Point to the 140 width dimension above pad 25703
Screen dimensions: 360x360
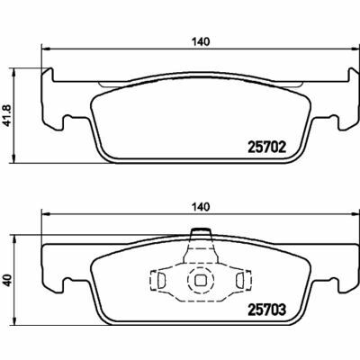click(x=199, y=206)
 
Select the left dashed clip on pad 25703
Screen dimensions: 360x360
click(x=160, y=282)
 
